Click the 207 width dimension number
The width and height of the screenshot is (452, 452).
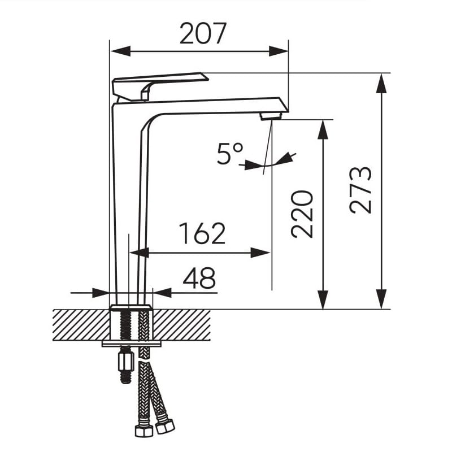[203, 33]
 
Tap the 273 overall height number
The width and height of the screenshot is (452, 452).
[360, 190]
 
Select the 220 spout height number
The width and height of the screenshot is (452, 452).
[302, 214]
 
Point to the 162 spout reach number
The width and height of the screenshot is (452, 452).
[202, 233]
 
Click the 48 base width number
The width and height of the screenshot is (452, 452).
[199, 278]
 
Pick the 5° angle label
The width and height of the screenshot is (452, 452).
[230, 154]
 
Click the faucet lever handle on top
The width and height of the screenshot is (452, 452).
[160, 86]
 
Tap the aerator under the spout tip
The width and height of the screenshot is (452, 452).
[271, 116]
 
